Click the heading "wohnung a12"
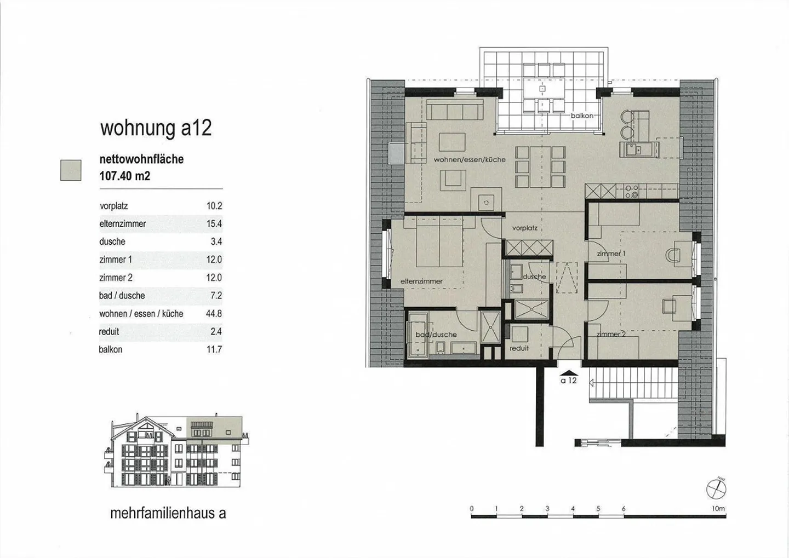tap(156, 129)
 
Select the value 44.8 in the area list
tap(214, 313)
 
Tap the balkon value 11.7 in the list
tap(214, 349)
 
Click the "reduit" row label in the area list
tap(109, 332)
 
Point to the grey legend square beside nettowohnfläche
tap(71, 170)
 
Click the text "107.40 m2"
tap(125, 176)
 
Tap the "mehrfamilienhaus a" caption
tap(168, 513)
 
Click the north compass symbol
tap(717, 490)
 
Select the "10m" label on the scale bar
tap(718, 509)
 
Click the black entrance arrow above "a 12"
tap(568, 373)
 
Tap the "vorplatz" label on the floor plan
tap(525, 228)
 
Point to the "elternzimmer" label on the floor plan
tap(422, 281)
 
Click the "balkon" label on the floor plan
tap(582, 116)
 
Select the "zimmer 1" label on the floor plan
tap(611, 254)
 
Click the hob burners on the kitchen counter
tap(631, 191)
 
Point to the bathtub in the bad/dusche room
tap(418, 335)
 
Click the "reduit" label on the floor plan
tap(519, 348)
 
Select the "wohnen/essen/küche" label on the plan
tap(470, 160)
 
